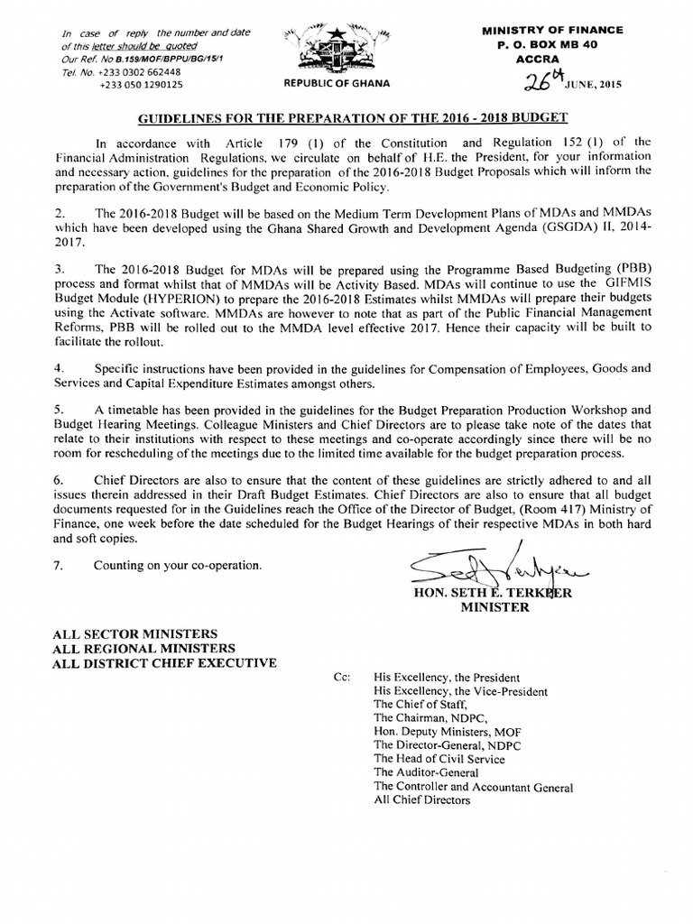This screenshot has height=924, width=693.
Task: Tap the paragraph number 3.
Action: [60, 269]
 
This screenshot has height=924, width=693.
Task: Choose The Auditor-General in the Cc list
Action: [419, 772]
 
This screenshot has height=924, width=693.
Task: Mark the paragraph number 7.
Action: [60, 567]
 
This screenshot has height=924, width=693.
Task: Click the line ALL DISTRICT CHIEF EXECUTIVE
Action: [165, 663]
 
